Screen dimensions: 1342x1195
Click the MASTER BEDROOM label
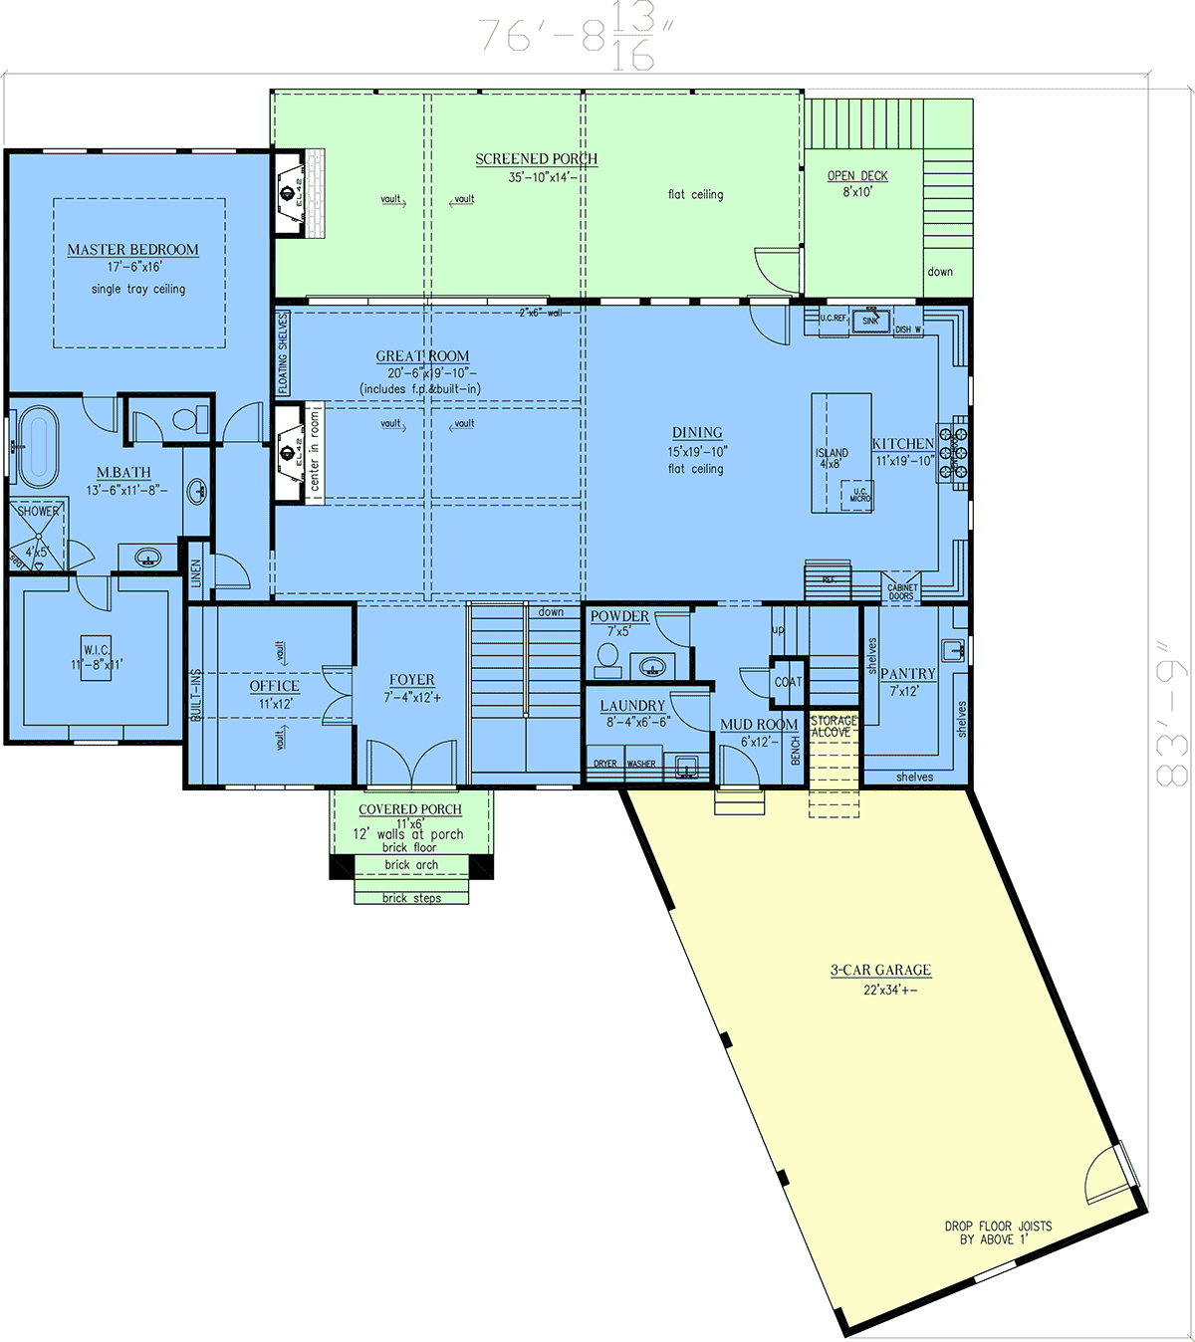click(x=132, y=250)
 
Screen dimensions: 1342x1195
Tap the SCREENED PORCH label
click(x=536, y=159)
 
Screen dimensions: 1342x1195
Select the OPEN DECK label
click(x=857, y=176)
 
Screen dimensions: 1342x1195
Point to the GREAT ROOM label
click(x=422, y=356)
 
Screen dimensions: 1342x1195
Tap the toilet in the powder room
click(x=606, y=658)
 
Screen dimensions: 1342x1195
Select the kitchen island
click(x=841, y=453)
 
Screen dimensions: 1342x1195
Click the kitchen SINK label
click(x=870, y=321)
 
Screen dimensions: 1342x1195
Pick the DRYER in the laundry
click(x=605, y=764)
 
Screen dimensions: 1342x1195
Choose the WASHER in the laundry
click(x=641, y=764)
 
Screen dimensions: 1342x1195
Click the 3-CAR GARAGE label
click(x=881, y=970)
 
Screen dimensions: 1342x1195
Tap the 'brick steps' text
click(x=411, y=898)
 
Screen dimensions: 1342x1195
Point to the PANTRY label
click(x=907, y=674)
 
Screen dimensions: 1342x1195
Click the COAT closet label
click(x=788, y=682)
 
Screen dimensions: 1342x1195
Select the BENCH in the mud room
click(x=796, y=751)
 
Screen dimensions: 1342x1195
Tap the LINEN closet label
click(x=196, y=573)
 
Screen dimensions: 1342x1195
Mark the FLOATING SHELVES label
click(x=283, y=352)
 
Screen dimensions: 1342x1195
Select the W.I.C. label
click(x=97, y=651)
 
